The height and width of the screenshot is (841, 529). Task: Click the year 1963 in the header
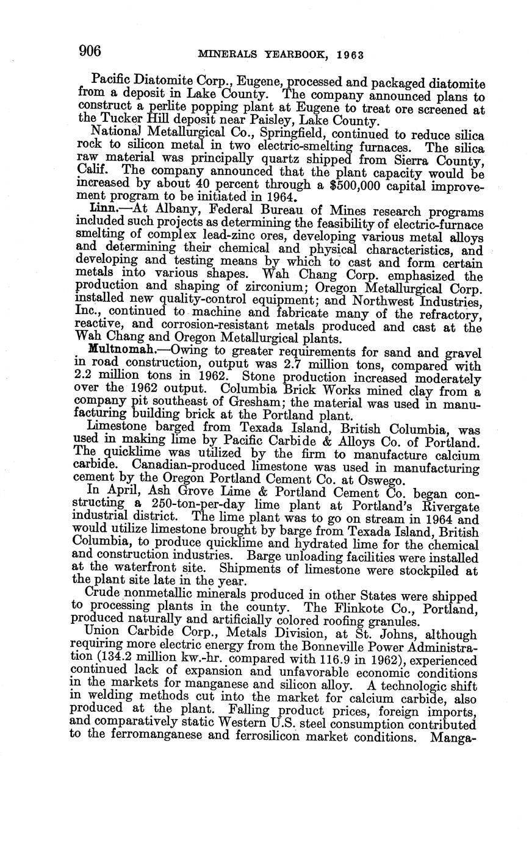pos(348,55)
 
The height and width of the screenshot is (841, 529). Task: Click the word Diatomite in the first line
pos(161,80)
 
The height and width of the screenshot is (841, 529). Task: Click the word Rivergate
pos(450,506)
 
